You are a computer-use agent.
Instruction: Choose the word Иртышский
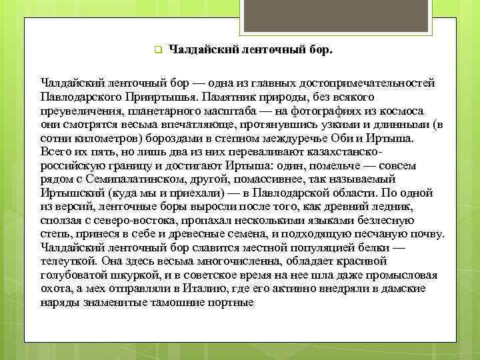click(69, 193)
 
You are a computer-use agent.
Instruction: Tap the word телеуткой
click(69, 262)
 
